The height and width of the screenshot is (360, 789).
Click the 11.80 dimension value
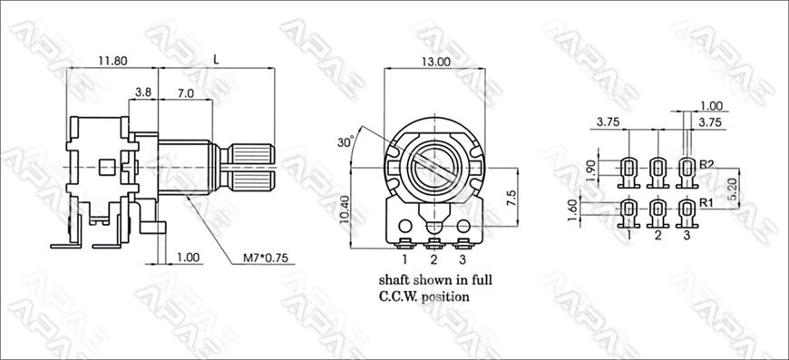[x=112, y=62]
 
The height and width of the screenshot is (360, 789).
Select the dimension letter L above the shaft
[x=217, y=59]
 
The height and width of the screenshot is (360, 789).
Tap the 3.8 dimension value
[x=143, y=92]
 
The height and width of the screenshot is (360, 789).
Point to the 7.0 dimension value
[x=185, y=92]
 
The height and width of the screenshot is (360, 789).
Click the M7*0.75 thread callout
[x=265, y=258]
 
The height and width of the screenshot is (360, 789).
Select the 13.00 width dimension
[x=435, y=62]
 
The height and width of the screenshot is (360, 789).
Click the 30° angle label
[x=346, y=141]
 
